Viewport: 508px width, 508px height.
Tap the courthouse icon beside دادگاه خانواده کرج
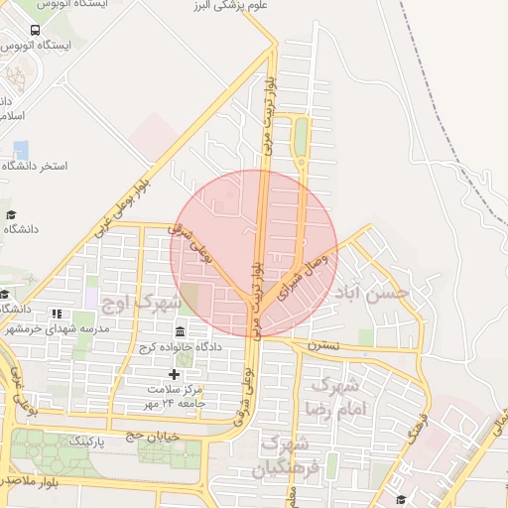[180, 331]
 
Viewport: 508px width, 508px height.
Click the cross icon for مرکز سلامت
[175, 374]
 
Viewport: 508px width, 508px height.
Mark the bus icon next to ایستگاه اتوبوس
[36, 30]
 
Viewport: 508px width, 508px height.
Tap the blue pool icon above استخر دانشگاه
[21, 149]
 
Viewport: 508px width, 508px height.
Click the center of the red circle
[254, 252]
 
